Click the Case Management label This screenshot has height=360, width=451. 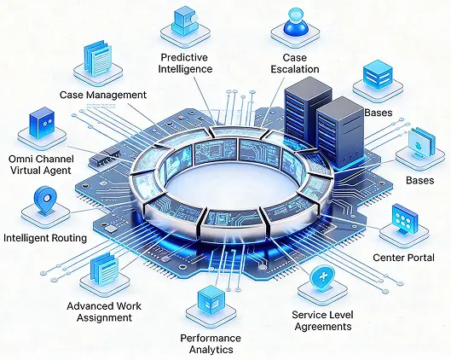(103, 95)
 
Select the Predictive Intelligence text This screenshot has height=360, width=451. (185, 63)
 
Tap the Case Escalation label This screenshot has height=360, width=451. (295, 63)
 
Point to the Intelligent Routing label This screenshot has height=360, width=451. (45, 238)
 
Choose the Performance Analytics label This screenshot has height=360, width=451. (211, 344)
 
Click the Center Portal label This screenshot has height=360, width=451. (403, 258)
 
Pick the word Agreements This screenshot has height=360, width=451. (323, 327)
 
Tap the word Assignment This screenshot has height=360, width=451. (104, 317)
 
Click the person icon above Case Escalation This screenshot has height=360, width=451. (296, 21)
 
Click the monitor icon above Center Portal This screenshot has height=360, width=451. (405, 219)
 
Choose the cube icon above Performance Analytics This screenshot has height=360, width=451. (211, 299)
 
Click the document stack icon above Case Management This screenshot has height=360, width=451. (98, 59)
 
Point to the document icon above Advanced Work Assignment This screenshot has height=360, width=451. (104, 269)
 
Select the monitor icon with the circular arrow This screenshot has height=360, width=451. (421, 143)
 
